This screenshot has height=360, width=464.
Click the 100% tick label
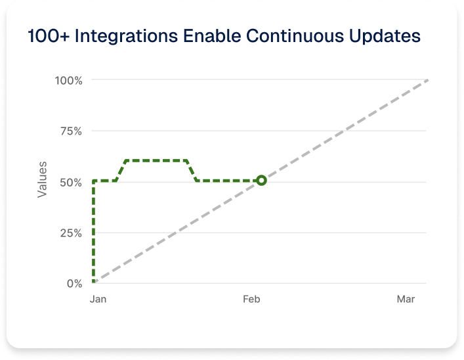click(69, 80)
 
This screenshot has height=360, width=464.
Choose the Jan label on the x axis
click(97, 300)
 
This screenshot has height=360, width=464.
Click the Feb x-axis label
click(251, 300)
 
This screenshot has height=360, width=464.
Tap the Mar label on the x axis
click(406, 300)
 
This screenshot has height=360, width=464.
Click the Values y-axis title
click(42, 179)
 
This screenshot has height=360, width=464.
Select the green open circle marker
click(261, 180)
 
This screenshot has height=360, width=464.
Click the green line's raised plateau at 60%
click(156, 160)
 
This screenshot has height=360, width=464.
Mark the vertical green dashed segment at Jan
click(94, 230)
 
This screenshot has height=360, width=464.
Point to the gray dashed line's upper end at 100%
click(427, 80)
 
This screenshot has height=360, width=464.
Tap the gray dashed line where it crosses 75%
click(344, 131)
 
